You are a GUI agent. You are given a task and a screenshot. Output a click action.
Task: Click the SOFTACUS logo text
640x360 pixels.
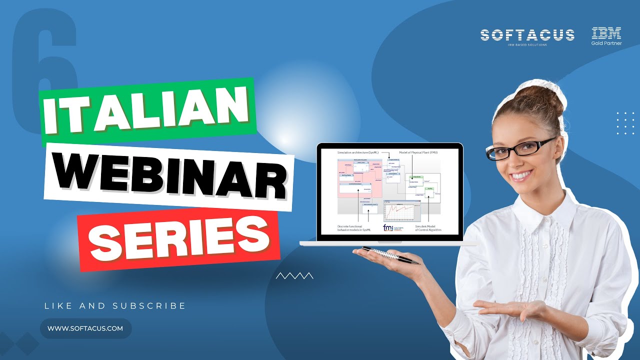527,35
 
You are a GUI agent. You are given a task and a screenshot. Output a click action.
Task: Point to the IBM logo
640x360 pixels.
606,33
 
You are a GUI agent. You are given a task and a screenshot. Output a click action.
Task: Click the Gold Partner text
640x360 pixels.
606,43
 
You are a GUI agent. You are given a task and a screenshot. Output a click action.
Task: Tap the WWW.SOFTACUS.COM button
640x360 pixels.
85,328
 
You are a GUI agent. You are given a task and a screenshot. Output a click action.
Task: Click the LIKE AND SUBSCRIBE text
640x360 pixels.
115,305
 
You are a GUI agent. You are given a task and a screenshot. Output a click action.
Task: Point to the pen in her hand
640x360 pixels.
390,254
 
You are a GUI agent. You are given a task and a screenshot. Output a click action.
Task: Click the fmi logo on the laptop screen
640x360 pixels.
388,227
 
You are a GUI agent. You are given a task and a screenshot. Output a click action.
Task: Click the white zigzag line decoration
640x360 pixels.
294,275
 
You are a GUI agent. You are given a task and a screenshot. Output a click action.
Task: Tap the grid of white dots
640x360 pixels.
625,123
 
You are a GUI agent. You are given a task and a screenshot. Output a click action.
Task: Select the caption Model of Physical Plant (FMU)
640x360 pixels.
418,151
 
